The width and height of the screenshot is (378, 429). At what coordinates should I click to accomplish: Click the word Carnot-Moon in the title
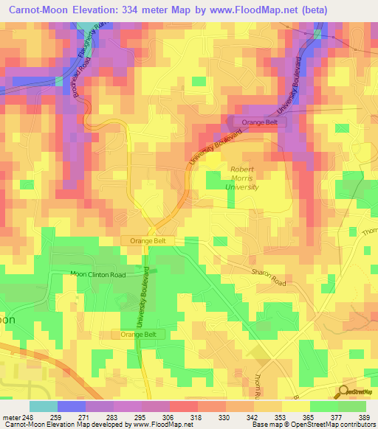point(35,8)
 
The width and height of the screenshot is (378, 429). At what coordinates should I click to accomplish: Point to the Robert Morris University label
point(242,178)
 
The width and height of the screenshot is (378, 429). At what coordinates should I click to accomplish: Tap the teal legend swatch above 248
point(43,406)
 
